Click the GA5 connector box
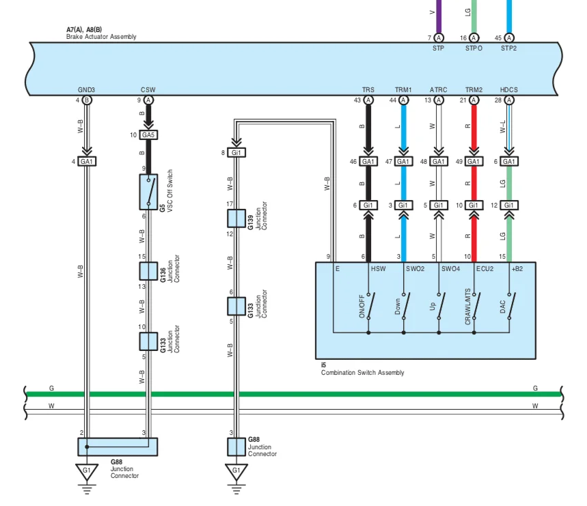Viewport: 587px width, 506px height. point(148,135)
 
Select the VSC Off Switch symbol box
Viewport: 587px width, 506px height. point(148,192)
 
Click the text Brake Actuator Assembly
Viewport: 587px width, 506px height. point(101,37)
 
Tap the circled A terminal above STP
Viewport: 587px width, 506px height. point(439,38)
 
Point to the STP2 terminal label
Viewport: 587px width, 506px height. point(509,48)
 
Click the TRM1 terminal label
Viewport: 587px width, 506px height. point(403,89)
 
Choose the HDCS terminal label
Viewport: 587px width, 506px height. point(509,89)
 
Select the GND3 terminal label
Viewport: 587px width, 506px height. point(87,89)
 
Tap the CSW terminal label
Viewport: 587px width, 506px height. point(148,89)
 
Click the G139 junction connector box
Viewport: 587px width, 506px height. point(236,219)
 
